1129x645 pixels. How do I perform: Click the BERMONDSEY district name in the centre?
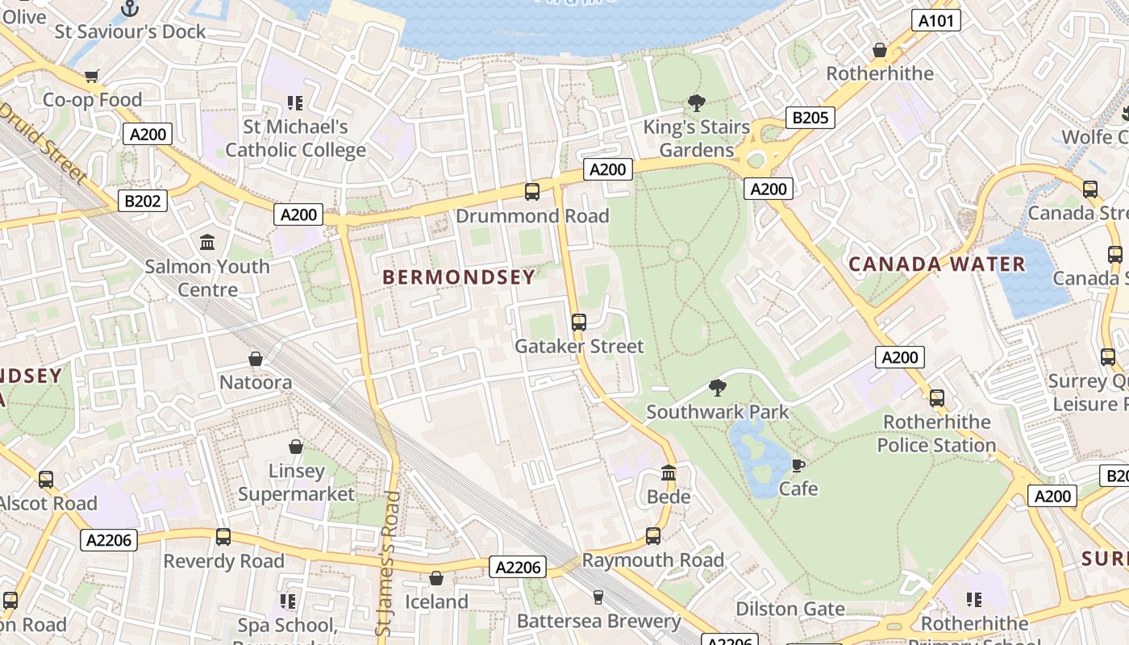click(x=458, y=277)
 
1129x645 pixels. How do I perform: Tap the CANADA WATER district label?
click(x=937, y=264)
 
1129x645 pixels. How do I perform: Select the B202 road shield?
click(x=143, y=201)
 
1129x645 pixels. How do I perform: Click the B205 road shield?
click(x=810, y=118)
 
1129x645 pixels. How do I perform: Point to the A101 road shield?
click(x=936, y=20)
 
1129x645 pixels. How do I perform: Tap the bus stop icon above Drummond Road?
click(x=532, y=192)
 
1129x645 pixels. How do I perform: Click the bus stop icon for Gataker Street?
click(x=578, y=322)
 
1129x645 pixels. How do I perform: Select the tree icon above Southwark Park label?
click(x=717, y=388)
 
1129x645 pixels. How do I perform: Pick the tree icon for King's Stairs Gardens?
click(x=696, y=103)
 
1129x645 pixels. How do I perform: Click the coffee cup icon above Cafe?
click(x=798, y=465)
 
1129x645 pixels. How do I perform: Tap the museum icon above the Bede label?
click(x=669, y=472)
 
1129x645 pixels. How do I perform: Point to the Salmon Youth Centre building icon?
click(x=207, y=243)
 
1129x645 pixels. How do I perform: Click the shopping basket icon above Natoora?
click(x=256, y=359)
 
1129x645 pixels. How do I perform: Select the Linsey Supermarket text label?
click(x=296, y=482)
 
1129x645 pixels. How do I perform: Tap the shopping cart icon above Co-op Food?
click(x=92, y=77)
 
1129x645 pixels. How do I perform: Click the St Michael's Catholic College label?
click(x=295, y=138)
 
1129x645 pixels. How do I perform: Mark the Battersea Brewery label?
click(x=598, y=621)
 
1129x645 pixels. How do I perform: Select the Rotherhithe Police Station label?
click(x=936, y=434)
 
